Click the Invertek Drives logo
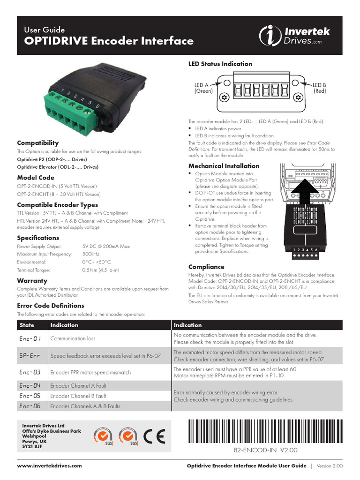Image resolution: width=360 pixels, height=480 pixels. [295, 36]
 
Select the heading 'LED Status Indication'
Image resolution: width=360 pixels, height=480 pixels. [220, 64]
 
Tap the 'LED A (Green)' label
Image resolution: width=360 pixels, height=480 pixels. [203, 88]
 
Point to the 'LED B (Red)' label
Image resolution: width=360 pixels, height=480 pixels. [320, 88]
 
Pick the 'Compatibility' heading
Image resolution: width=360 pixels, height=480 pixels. [38, 142]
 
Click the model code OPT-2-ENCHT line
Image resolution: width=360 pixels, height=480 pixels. [59, 194]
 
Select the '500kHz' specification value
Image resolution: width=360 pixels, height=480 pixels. [90, 254]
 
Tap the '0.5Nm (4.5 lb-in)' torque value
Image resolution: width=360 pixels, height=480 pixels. [100, 270]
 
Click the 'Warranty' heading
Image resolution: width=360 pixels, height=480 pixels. [32, 280]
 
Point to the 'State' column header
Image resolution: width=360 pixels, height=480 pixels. [28, 325]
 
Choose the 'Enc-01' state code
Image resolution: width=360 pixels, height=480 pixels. [31, 338]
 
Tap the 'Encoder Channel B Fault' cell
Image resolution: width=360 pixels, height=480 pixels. [78, 396]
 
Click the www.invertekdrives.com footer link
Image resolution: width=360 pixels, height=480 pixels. [49, 465]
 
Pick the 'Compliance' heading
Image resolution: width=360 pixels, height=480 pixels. [206, 267]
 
